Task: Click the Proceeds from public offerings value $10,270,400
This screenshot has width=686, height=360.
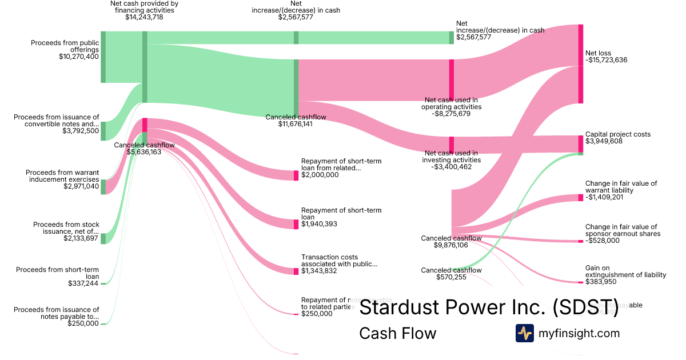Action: pos(79,57)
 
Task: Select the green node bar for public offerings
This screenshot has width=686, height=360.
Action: pos(103,57)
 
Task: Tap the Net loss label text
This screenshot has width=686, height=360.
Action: pos(598,53)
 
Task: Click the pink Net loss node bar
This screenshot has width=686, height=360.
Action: pos(581,64)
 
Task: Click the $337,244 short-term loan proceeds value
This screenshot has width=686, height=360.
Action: pos(83,283)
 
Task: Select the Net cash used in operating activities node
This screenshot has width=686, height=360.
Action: pos(452,80)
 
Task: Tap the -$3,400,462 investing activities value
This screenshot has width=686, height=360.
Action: pos(451,167)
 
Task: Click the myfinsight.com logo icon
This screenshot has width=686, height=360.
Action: pos(524,333)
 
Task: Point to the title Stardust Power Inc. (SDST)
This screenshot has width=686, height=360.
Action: pos(488,307)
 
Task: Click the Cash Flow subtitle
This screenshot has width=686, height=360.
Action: pos(397,333)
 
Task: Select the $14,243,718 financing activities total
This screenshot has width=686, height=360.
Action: pos(144,17)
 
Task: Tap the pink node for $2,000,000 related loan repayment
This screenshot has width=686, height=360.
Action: pos(296,175)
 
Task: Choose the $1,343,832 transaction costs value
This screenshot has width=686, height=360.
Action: pos(319,271)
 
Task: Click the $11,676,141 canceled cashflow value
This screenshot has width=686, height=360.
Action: pos(295,124)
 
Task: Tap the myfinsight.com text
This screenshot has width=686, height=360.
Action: pos(579,333)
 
